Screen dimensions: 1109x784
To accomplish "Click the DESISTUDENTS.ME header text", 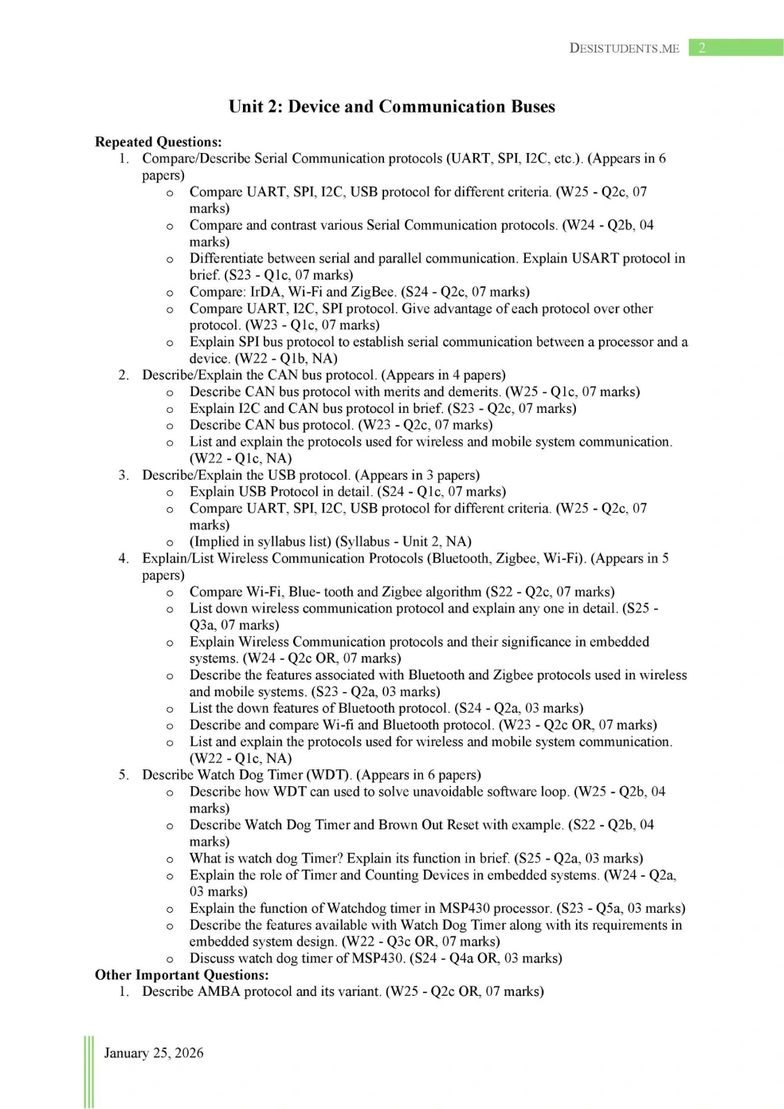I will tap(624, 49).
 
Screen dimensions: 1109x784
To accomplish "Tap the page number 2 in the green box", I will tap(702, 48).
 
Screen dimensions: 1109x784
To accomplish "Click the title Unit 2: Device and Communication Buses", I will tap(391, 107).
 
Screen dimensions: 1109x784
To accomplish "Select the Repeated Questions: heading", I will tap(158, 142).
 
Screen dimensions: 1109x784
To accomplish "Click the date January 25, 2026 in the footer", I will tap(154, 1053).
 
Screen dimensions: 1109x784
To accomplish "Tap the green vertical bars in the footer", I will tap(88, 1072).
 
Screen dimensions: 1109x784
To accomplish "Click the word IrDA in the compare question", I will tap(267, 292).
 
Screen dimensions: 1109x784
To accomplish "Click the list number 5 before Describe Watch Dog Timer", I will tap(123, 775).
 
